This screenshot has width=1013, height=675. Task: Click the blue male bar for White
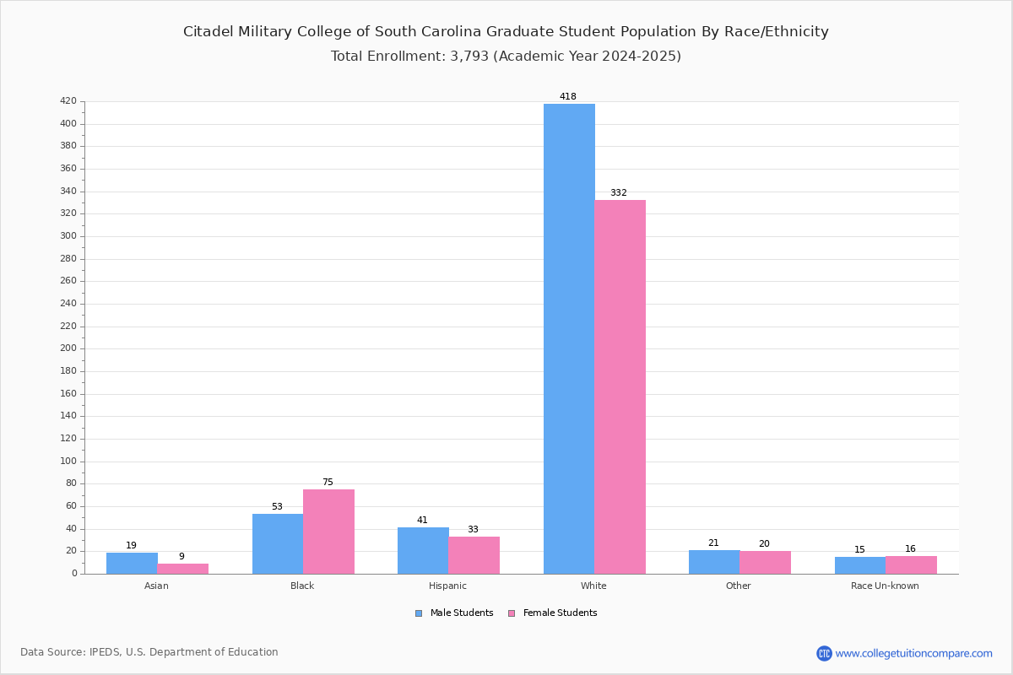click(569, 338)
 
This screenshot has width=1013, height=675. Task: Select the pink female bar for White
click(620, 387)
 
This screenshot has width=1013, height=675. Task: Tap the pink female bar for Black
click(328, 532)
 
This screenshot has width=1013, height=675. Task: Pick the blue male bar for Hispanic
click(423, 551)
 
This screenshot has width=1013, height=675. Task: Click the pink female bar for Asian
click(182, 569)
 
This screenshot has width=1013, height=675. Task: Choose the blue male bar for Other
click(714, 562)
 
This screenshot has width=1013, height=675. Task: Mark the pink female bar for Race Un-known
click(911, 565)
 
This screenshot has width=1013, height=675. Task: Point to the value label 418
click(568, 96)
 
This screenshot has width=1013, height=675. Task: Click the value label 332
click(619, 192)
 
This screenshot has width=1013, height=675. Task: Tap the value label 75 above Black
click(328, 482)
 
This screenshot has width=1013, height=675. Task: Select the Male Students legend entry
click(454, 613)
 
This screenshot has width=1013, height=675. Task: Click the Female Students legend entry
click(553, 613)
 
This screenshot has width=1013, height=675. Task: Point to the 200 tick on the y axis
click(68, 348)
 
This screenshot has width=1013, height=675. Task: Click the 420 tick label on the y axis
click(68, 100)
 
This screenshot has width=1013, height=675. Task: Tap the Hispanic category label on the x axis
click(447, 586)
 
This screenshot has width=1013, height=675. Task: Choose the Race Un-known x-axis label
click(885, 586)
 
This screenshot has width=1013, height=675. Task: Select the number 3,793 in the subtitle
click(469, 56)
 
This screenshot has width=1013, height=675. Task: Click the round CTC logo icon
click(824, 653)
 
